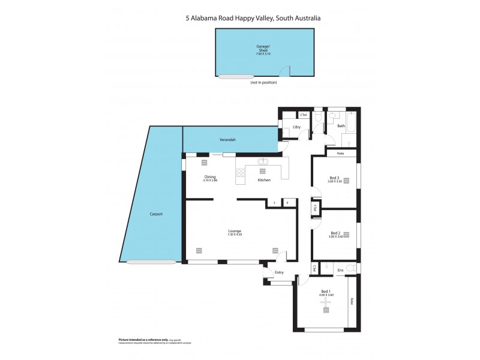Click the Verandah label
(x=227, y=140)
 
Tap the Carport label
(x=156, y=214)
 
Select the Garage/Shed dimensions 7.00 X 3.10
(x=263, y=54)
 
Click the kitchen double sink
(x=263, y=161)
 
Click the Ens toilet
(x=351, y=268)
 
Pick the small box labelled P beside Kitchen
(x=288, y=203)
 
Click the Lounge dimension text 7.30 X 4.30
(x=234, y=235)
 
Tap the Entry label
(x=279, y=272)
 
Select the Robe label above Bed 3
(x=340, y=154)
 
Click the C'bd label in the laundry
(x=304, y=115)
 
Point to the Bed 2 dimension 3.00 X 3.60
(x=334, y=237)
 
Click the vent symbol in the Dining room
(x=204, y=162)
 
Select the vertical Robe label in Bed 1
(x=352, y=302)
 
